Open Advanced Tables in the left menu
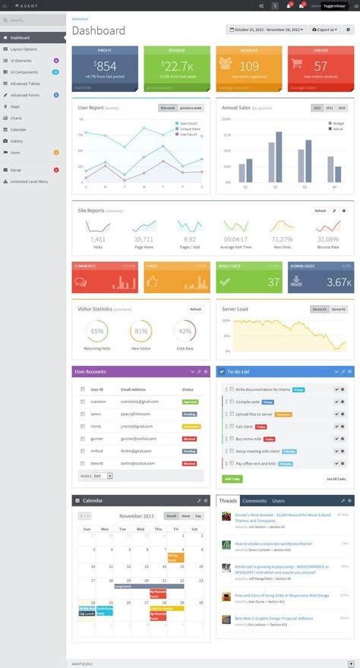pyautogui.click(x=27, y=83)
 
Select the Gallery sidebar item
pyautogui.click(x=17, y=141)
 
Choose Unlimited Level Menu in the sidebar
pyautogui.click(x=29, y=181)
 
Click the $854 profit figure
pyautogui.click(x=106, y=66)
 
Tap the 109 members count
pyautogui.click(x=249, y=66)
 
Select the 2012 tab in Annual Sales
pyautogui.click(x=317, y=109)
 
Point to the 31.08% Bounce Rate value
pyautogui.click(x=328, y=239)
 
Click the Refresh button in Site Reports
pyautogui.click(x=320, y=210)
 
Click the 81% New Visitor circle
pyautogui.click(x=141, y=331)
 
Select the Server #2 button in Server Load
pyautogui.click(x=338, y=310)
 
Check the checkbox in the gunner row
pyautogui.click(x=82, y=439)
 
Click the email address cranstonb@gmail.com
pyautogui.click(x=139, y=402)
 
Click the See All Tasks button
pyautogui.click(x=336, y=479)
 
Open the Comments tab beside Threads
pyautogui.click(x=254, y=501)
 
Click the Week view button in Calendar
pyautogui.click(x=185, y=516)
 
